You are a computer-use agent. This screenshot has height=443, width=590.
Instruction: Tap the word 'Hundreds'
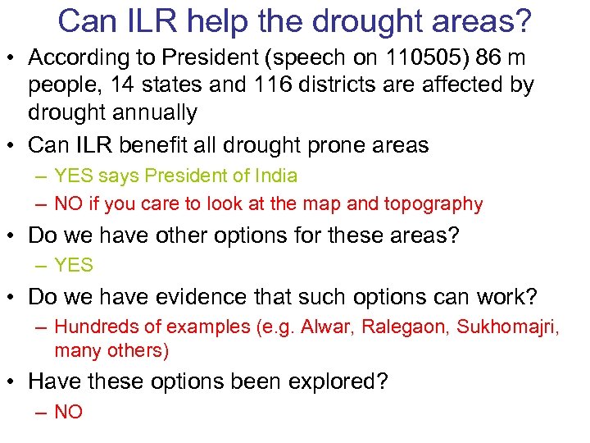click(x=95, y=327)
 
